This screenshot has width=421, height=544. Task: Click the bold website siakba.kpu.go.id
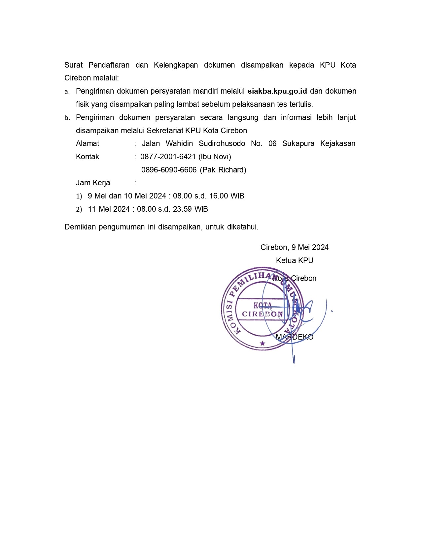pos(277,91)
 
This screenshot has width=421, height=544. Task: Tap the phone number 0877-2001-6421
pos(168,157)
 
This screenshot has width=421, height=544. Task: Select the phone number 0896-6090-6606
pos(169,170)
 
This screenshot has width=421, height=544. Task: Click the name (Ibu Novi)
pos(215,157)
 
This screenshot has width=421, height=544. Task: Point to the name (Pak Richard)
pos(223,170)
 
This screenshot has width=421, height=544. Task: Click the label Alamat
pos(88,143)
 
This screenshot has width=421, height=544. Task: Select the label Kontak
pos(88,157)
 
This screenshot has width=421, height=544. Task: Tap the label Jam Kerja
pos(93,183)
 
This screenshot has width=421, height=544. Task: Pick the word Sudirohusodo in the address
pos(222,143)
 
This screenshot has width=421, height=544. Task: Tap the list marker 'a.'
pos(67,92)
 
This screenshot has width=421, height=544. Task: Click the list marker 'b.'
pos(67,118)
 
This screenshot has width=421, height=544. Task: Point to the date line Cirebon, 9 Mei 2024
pos(294,247)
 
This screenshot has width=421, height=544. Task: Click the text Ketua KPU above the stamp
pos(295,260)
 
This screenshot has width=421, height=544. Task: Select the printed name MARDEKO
pos(295,337)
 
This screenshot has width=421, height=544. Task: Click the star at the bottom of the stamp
pos(263,344)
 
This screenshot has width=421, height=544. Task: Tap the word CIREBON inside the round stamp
pos(263,314)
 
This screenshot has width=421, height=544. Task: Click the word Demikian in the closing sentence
pos(80,227)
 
